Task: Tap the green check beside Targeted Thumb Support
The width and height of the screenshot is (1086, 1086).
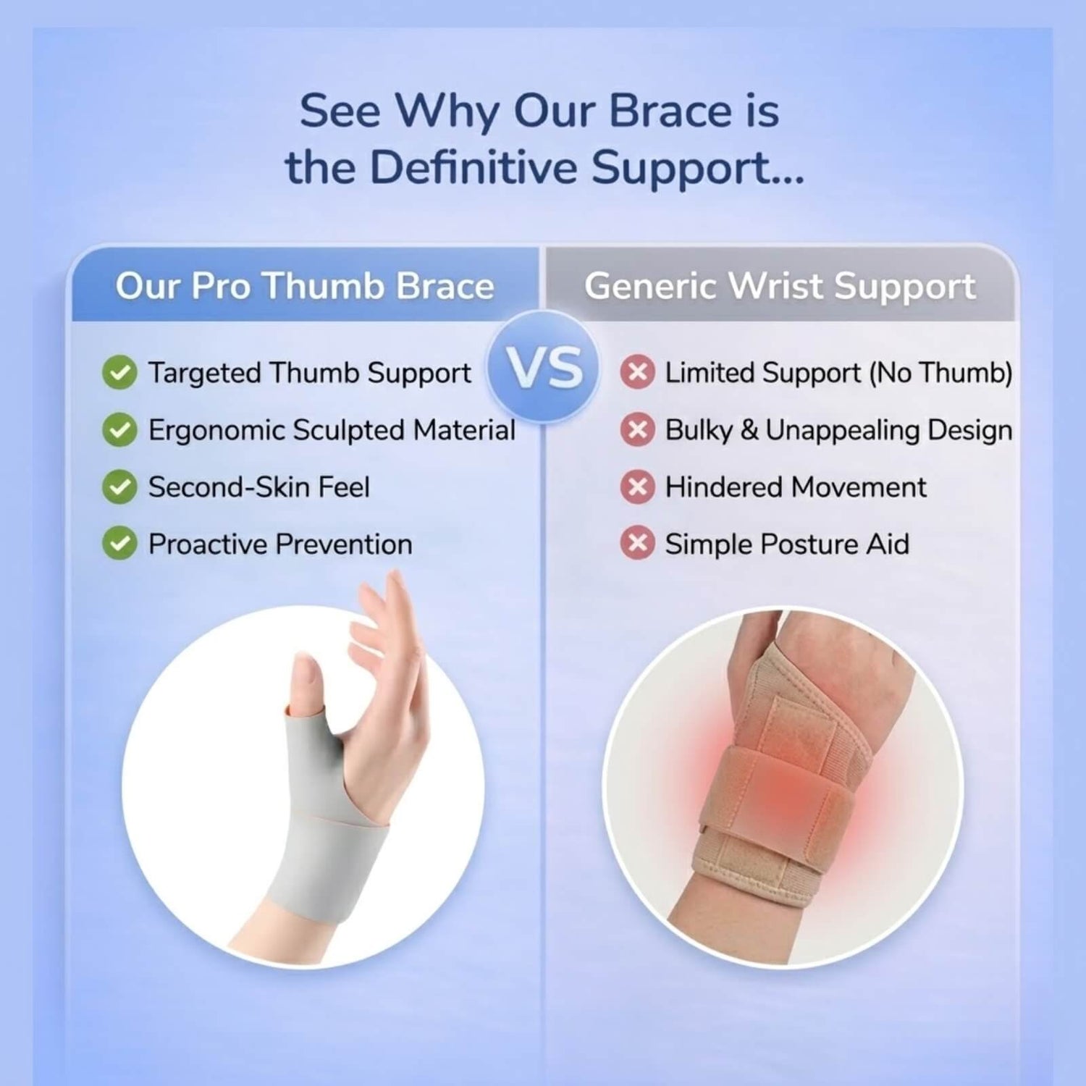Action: pyautogui.click(x=119, y=373)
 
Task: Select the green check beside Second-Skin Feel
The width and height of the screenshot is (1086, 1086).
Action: pyautogui.click(x=119, y=487)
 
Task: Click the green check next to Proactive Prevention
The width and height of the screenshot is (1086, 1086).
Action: pyautogui.click(x=119, y=544)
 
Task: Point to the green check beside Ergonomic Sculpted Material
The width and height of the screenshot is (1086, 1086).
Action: pyautogui.click(x=119, y=430)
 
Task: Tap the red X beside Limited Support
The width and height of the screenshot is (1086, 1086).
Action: pyautogui.click(x=637, y=372)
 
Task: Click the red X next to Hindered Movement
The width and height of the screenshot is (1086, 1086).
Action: pyautogui.click(x=637, y=487)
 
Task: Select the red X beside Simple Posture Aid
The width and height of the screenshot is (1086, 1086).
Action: pyautogui.click(x=637, y=544)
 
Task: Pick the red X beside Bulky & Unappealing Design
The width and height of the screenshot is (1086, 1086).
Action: pyautogui.click(x=637, y=430)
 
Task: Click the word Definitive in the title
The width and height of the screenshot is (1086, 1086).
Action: pyautogui.click(x=473, y=167)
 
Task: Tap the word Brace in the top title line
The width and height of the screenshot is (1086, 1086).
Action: pyautogui.click(x=670, y=111)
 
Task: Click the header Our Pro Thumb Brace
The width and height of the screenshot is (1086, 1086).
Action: pyautogui.click(x=305, y=286)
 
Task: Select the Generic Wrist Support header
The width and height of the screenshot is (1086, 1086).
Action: pyautogui.click(x=780, y=286)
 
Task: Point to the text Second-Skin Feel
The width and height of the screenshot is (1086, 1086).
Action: pyautogui.click(x=259, y=487)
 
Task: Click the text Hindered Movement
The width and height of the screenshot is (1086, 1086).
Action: pyautogui.click(x=796, y=487)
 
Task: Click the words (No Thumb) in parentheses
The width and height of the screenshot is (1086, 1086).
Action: pyautogui.click(x=940, y=373)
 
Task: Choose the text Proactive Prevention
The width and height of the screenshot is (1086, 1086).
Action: pyautogui.click(x=280, y=544)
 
